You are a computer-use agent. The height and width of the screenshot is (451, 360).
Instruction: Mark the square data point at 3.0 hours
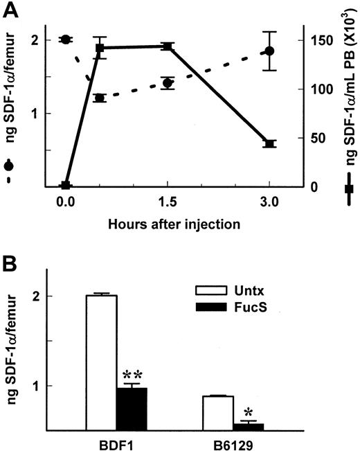point(270,143)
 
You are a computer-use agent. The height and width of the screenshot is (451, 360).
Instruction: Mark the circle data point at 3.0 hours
point(270,51)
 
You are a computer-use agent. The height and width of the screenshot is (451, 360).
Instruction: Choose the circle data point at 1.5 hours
point(168,83)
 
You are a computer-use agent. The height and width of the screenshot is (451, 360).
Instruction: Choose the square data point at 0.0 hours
point(65,186)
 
